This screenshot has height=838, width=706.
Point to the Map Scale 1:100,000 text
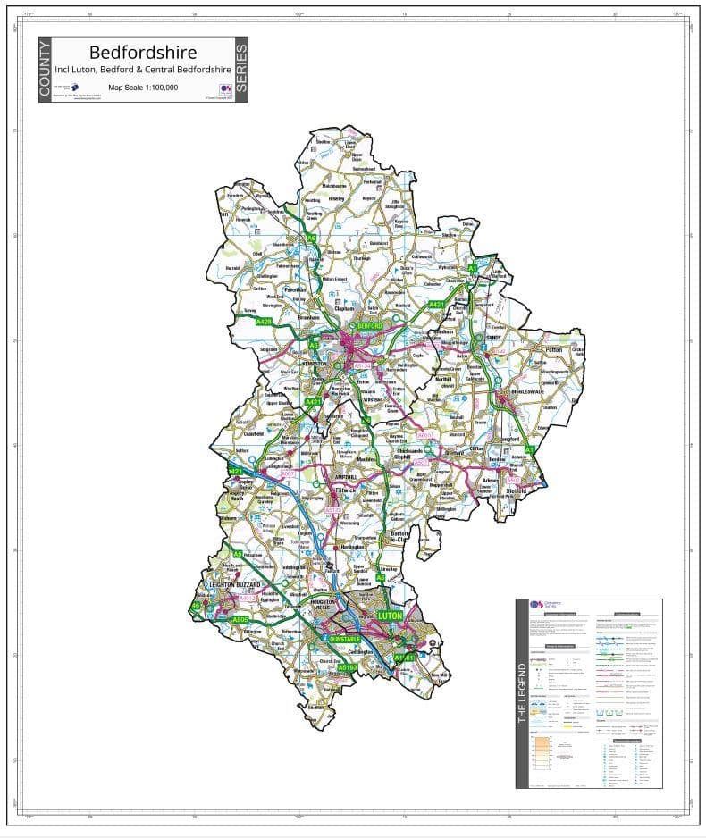pyautogui.click(x=143, y=88)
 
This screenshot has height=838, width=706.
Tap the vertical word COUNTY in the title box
pyautogui.click(x=46, y=70)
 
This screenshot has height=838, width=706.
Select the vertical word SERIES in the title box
pyautogui.click(x=240, y=70)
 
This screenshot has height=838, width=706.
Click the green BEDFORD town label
pyautogui.click(x=370, y=327)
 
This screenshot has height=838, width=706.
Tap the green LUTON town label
pyautogui.click(x=391, y=616)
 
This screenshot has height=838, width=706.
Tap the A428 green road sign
pyautogui.click(x=264, y=321)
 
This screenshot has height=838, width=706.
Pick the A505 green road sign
pyautogui.click(x=240, y=619)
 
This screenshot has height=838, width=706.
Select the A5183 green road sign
pyautogui.click(x=348, y=666)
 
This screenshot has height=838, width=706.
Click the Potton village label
pyautogui.click(x=554, y=350)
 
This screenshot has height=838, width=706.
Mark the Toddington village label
pyautogui.click(x=293, y=567)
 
